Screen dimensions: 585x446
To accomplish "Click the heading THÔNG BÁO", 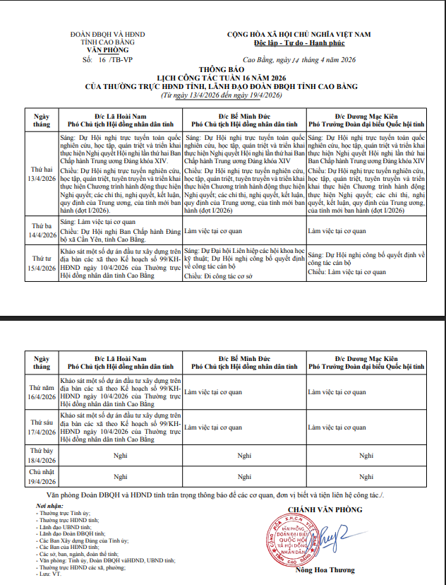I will pos(222,70).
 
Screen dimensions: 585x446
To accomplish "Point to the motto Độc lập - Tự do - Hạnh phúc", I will pos(299,43).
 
